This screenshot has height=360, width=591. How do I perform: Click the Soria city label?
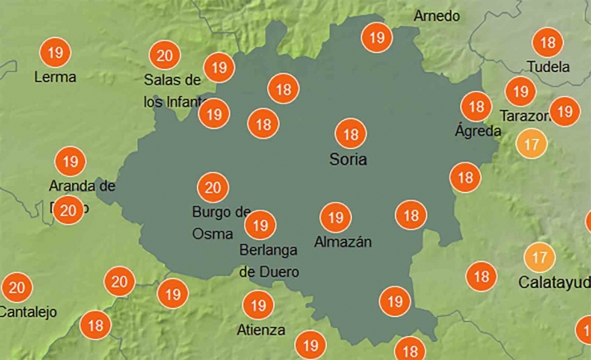[346, 159]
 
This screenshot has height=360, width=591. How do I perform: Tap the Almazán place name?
[343, 242]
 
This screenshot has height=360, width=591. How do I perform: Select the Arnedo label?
[436, 17]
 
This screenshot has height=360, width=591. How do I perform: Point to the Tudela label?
[548, 66]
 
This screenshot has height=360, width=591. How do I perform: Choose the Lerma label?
[55, 77]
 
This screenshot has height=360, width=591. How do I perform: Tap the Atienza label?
[261, 330]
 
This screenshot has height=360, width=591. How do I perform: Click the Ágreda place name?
[478, 131]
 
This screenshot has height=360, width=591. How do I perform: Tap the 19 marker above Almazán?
[334, 218]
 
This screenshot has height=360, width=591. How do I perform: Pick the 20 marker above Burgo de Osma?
[212, 186]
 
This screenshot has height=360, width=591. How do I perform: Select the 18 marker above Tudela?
[546, 41]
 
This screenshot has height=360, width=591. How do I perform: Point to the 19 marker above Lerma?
[55, 53]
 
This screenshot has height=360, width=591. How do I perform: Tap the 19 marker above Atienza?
[258, 305]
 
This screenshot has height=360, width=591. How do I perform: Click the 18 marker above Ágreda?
[476, 106]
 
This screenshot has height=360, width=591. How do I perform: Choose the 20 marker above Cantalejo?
[16, 288]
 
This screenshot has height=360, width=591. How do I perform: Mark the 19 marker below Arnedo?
[377, 37]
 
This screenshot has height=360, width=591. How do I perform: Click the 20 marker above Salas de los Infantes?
[164, 55]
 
